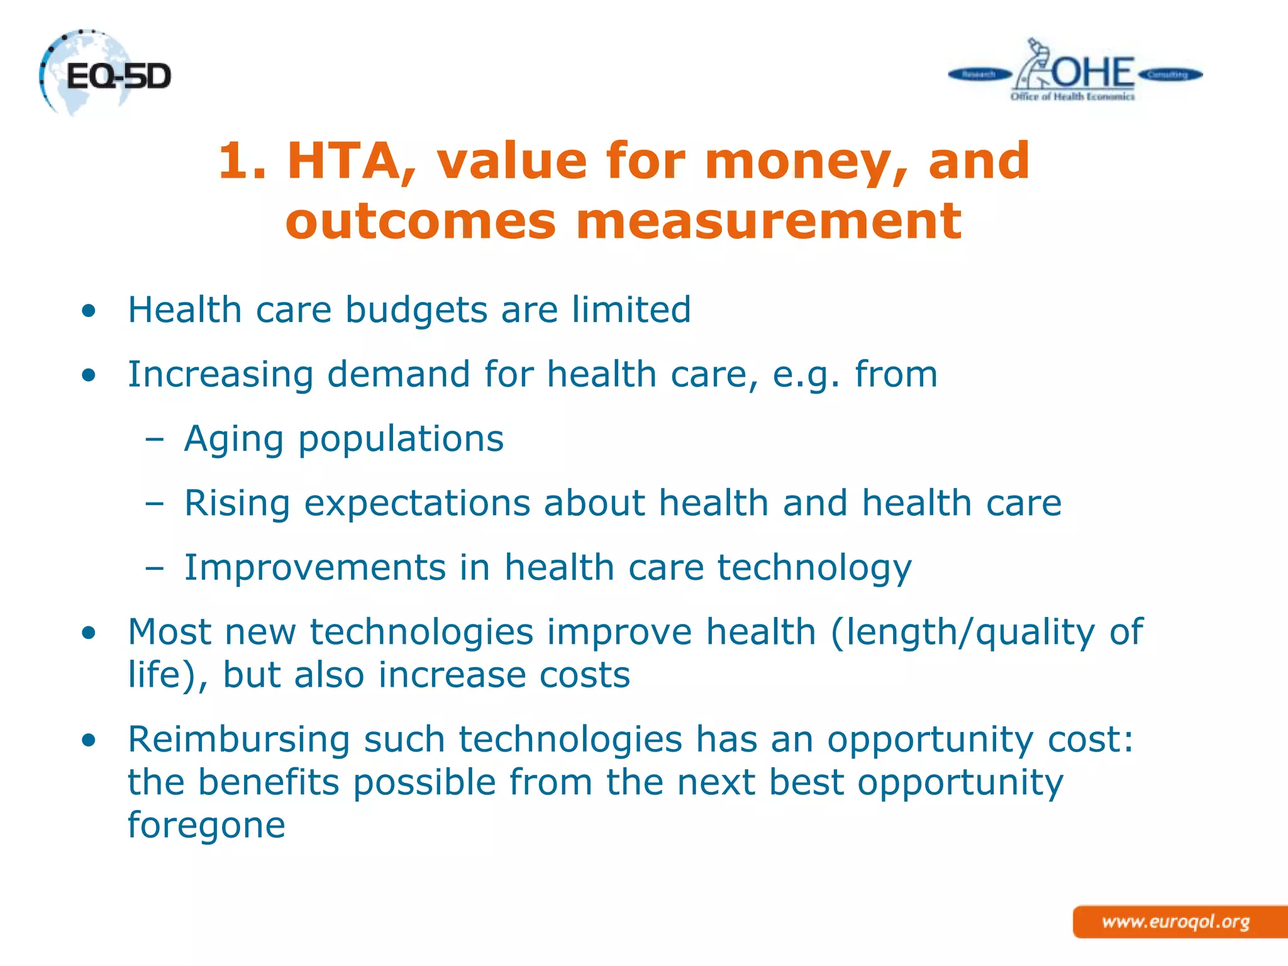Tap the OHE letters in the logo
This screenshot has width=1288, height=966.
[1093, 73]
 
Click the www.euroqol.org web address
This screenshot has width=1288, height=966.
[1175, 922]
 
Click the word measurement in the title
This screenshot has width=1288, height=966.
[769, 221]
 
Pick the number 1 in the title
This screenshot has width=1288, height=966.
[234, 161]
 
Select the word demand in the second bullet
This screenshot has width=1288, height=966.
[398, 374]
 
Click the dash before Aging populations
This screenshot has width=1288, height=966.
[154, 440]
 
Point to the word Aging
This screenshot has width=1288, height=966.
[233, 440]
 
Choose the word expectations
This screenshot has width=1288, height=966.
[418, 504]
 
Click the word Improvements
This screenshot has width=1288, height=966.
[314, 567]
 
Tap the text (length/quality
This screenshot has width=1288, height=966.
[963, 632]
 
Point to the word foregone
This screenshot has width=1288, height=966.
[206, 824]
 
